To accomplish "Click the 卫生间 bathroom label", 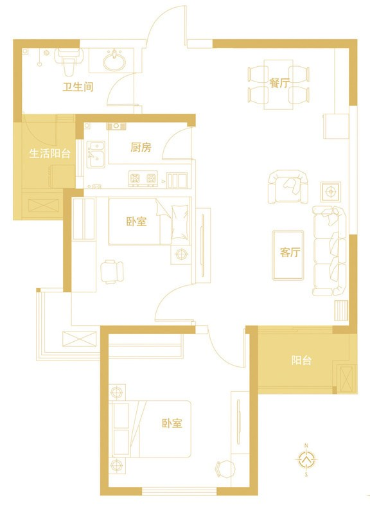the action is tap(78, 87).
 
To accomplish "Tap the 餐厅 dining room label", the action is tap(279, 83).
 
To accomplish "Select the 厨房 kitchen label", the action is tap(141, 148).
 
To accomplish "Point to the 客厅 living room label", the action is tap(290, 253).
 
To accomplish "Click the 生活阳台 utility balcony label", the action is tap(50, 154).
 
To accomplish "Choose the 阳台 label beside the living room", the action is tap(301, 360).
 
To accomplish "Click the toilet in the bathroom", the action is tap(68, 61).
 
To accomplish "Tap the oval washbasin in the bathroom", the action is tap(114, 61).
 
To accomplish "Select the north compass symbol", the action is tap(306, 459).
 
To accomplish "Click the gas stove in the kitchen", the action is tap(143, 179).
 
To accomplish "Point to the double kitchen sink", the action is tap(96, 154).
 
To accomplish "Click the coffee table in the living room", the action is tap(288, 255).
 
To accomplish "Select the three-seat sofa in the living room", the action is tap(330, 251).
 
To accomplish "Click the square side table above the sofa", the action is tap(331, 191).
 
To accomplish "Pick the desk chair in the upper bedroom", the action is tap(112, 272).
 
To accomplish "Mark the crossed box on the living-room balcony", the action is tap(346, 378).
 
